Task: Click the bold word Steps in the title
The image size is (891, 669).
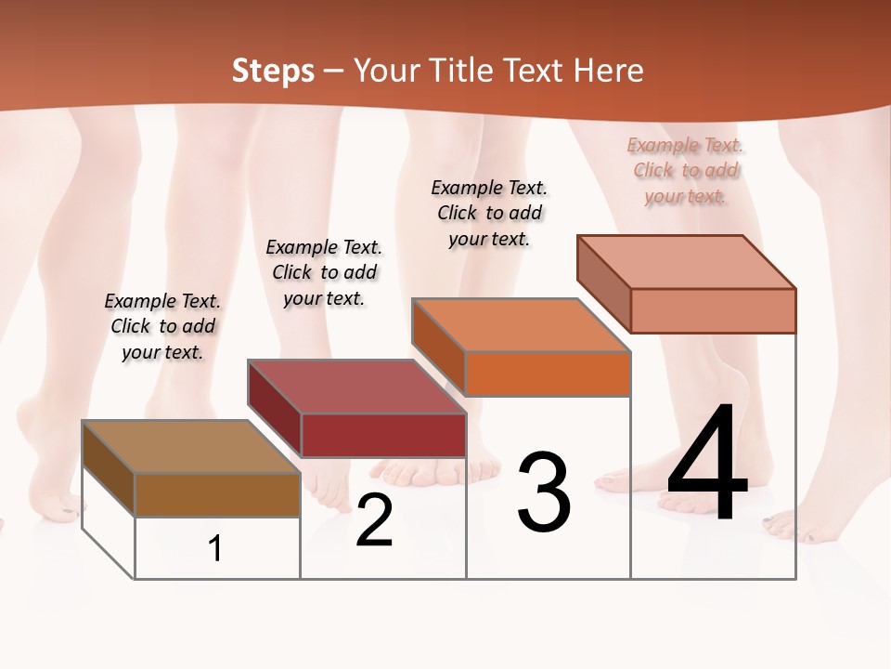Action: tap(273, 71)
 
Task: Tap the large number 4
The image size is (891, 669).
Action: tap(707, 465)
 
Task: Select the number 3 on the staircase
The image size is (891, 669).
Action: tap(544, 492)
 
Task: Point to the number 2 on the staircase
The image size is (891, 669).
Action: tap(374, 520)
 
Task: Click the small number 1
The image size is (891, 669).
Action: tap(215, 548)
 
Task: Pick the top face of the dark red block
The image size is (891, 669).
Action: tap(356, 387)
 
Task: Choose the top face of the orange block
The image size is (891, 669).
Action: tap(521, 325)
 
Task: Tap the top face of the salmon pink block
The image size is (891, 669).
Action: tap(686, 262)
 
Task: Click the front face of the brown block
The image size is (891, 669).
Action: tap(217, 494)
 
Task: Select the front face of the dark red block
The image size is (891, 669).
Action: tap(383, 435)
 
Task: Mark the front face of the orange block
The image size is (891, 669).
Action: tap(548, 374)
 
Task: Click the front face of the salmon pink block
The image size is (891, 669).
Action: tap(713, 310)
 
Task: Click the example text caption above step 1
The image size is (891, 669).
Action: tap(162, 326)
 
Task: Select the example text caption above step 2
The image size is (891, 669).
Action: tap(324, 272)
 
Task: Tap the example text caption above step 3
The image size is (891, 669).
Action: tap(489, 213)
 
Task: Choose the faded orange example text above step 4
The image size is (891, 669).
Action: tap(686, 170)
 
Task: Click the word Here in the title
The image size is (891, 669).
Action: tap(609, 71)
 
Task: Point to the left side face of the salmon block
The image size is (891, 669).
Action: tap(604, 284)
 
